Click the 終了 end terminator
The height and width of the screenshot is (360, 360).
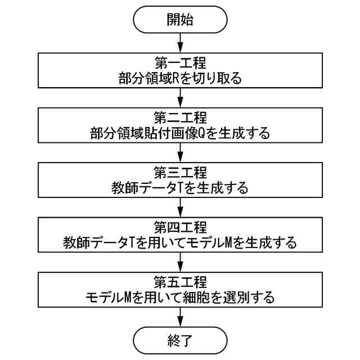point(180,340)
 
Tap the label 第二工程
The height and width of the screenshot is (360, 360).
point(180,118)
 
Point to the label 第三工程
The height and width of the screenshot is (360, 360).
point(180,172)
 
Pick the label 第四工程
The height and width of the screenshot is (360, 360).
point(180,227)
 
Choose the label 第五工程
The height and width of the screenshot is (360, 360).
point(180,281)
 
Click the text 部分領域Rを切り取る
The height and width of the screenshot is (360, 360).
point(180,78)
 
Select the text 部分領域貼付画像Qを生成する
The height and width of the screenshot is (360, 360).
point(180,133)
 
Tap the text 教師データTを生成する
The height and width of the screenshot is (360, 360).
point(180,187)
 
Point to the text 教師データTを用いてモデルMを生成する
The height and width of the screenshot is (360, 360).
point(180,242)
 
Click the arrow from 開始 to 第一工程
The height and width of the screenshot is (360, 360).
point(180,43)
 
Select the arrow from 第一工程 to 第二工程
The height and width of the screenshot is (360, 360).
point(180,98)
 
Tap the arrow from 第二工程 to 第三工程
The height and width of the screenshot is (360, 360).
point(180,152)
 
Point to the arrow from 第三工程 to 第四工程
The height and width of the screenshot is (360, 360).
point(180,207)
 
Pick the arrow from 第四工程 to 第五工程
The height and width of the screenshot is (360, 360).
point(180,262)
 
